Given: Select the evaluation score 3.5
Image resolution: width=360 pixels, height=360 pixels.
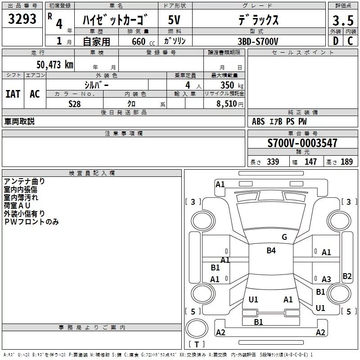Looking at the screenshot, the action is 342,20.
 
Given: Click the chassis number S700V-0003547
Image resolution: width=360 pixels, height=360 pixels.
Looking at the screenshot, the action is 302,143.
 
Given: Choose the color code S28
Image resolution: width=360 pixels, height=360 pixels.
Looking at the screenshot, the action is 74,103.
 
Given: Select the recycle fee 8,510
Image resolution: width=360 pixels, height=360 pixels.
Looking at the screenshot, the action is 226,103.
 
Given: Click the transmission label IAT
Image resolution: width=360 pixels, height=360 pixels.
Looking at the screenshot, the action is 13,94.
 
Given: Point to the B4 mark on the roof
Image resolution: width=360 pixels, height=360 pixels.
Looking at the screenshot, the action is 271,251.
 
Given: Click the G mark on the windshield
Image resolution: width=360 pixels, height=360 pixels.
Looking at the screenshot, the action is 284,237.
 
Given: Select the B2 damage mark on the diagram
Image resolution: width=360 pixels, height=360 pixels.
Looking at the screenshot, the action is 347,276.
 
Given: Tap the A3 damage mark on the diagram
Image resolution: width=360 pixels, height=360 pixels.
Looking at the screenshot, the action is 326,279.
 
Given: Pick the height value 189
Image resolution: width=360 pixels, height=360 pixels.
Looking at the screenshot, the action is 346,162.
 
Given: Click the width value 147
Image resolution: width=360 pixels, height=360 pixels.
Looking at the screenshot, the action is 310,162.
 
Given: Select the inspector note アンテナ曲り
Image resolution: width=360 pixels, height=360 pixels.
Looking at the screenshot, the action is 24,181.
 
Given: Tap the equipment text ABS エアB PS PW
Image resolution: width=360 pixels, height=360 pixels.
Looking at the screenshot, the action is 279,121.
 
